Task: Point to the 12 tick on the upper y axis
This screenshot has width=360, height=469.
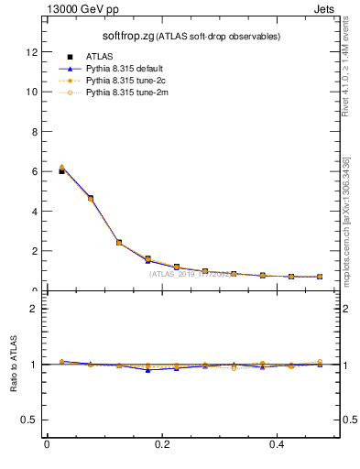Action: click(x=32, y=52)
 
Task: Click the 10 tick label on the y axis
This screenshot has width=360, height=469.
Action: click(x=32, y=92)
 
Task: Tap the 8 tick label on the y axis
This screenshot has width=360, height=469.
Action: click(x=35, y=132)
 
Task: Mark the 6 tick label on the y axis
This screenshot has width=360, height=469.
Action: click(x=35, y=171)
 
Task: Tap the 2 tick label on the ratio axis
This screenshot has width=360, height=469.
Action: click(x=35, y=309)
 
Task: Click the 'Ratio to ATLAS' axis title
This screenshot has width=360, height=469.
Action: click(x=13, y=364)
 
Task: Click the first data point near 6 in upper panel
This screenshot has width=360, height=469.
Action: click(x=61, y=169)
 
